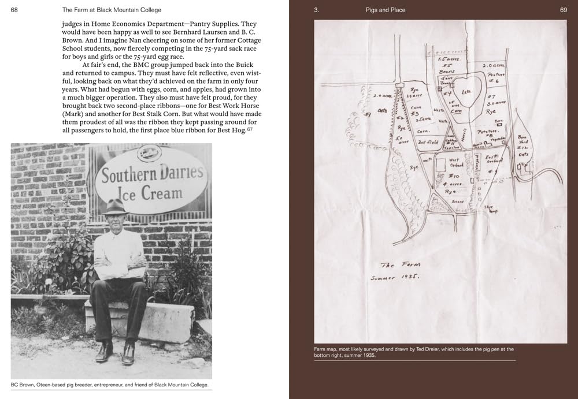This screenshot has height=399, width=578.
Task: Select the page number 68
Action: click(14, 10)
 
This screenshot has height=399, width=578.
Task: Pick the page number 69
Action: click(564, 10)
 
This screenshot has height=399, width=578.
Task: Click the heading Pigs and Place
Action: click(386, 10)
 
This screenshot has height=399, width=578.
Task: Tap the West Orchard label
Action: click(456, 162)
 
